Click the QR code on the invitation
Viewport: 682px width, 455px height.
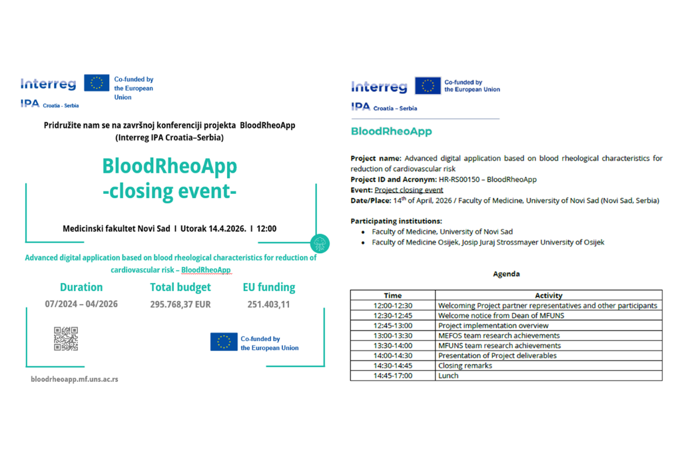(66, 338)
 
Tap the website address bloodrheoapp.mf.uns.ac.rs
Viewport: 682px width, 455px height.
(75, 379)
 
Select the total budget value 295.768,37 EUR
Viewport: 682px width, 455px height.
(180, 304)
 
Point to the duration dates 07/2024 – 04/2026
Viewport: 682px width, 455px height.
(81, 304)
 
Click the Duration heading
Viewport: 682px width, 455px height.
(81, 287)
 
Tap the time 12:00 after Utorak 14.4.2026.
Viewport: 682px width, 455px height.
(266, 228)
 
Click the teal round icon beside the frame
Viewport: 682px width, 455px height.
(320, 243)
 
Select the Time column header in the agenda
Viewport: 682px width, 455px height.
(393, 295)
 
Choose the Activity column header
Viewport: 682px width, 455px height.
(549, 295)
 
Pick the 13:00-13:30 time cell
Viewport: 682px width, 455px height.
(393, 336)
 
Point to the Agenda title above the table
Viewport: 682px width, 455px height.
(506, 274)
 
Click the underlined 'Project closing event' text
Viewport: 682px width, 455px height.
(408, 190)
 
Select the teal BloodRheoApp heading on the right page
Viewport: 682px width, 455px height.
(391, 131)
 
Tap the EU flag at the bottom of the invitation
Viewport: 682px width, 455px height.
(224, 342)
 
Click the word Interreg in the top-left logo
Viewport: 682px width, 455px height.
(48, 84)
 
